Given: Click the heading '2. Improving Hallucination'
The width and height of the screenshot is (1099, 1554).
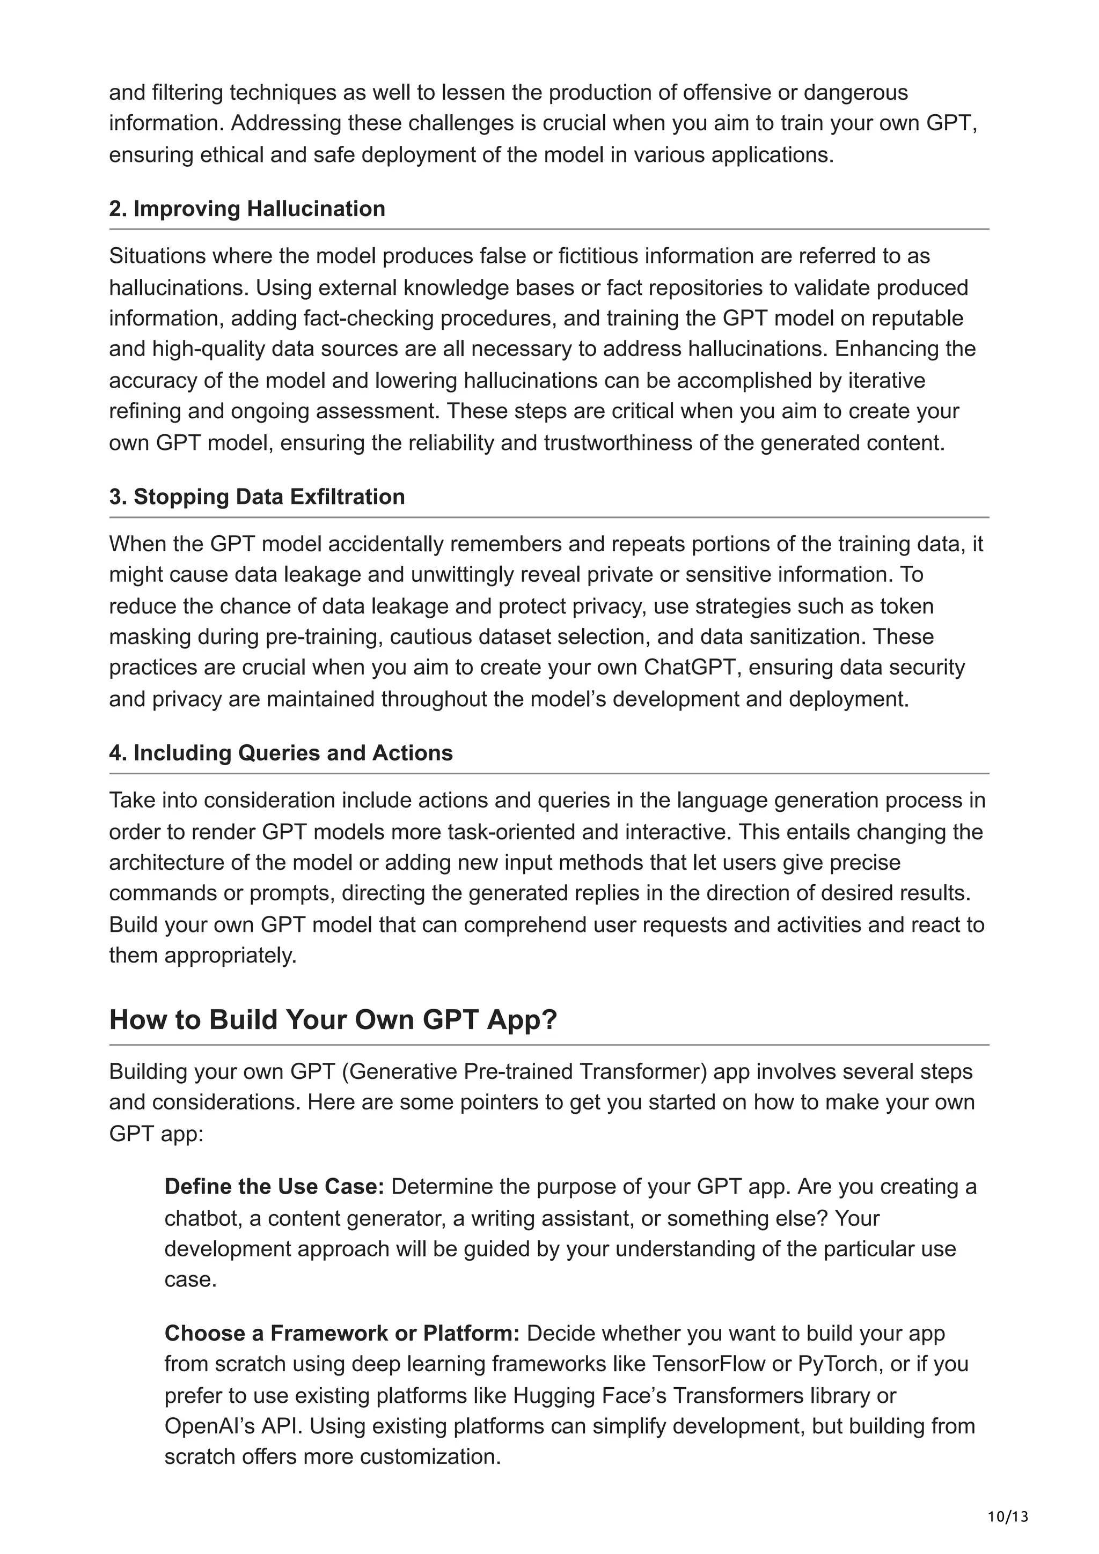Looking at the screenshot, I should point(247,209).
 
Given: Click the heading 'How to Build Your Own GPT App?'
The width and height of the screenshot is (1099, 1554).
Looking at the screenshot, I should point(333,1020).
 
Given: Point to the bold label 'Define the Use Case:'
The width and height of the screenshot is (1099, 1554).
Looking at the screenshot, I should point(274,1187).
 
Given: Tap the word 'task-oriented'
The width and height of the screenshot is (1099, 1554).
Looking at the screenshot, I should point(517,831).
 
